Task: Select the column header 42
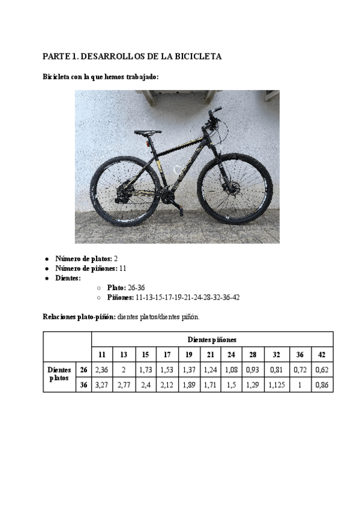pyautogui.click(x=322, y=355)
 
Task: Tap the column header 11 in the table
pyautogui.click(x=101, y=355)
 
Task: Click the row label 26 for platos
pyautogui.click(x=83, y=369)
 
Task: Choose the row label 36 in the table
pyautogui.click(x=83, y=384)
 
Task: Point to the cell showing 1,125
pyautogui.click(x=276, y=384)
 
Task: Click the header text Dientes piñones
pyautogui.click(x=212, y=340)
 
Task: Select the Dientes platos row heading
pyautogui.click(x=59, y=375)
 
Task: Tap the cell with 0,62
pyautogui.click(x=322, y=369)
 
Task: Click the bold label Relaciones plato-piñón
pyautogui.click(x=79, y=316)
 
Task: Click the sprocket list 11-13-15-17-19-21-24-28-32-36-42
pyautogui.click(x=188, y=297)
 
